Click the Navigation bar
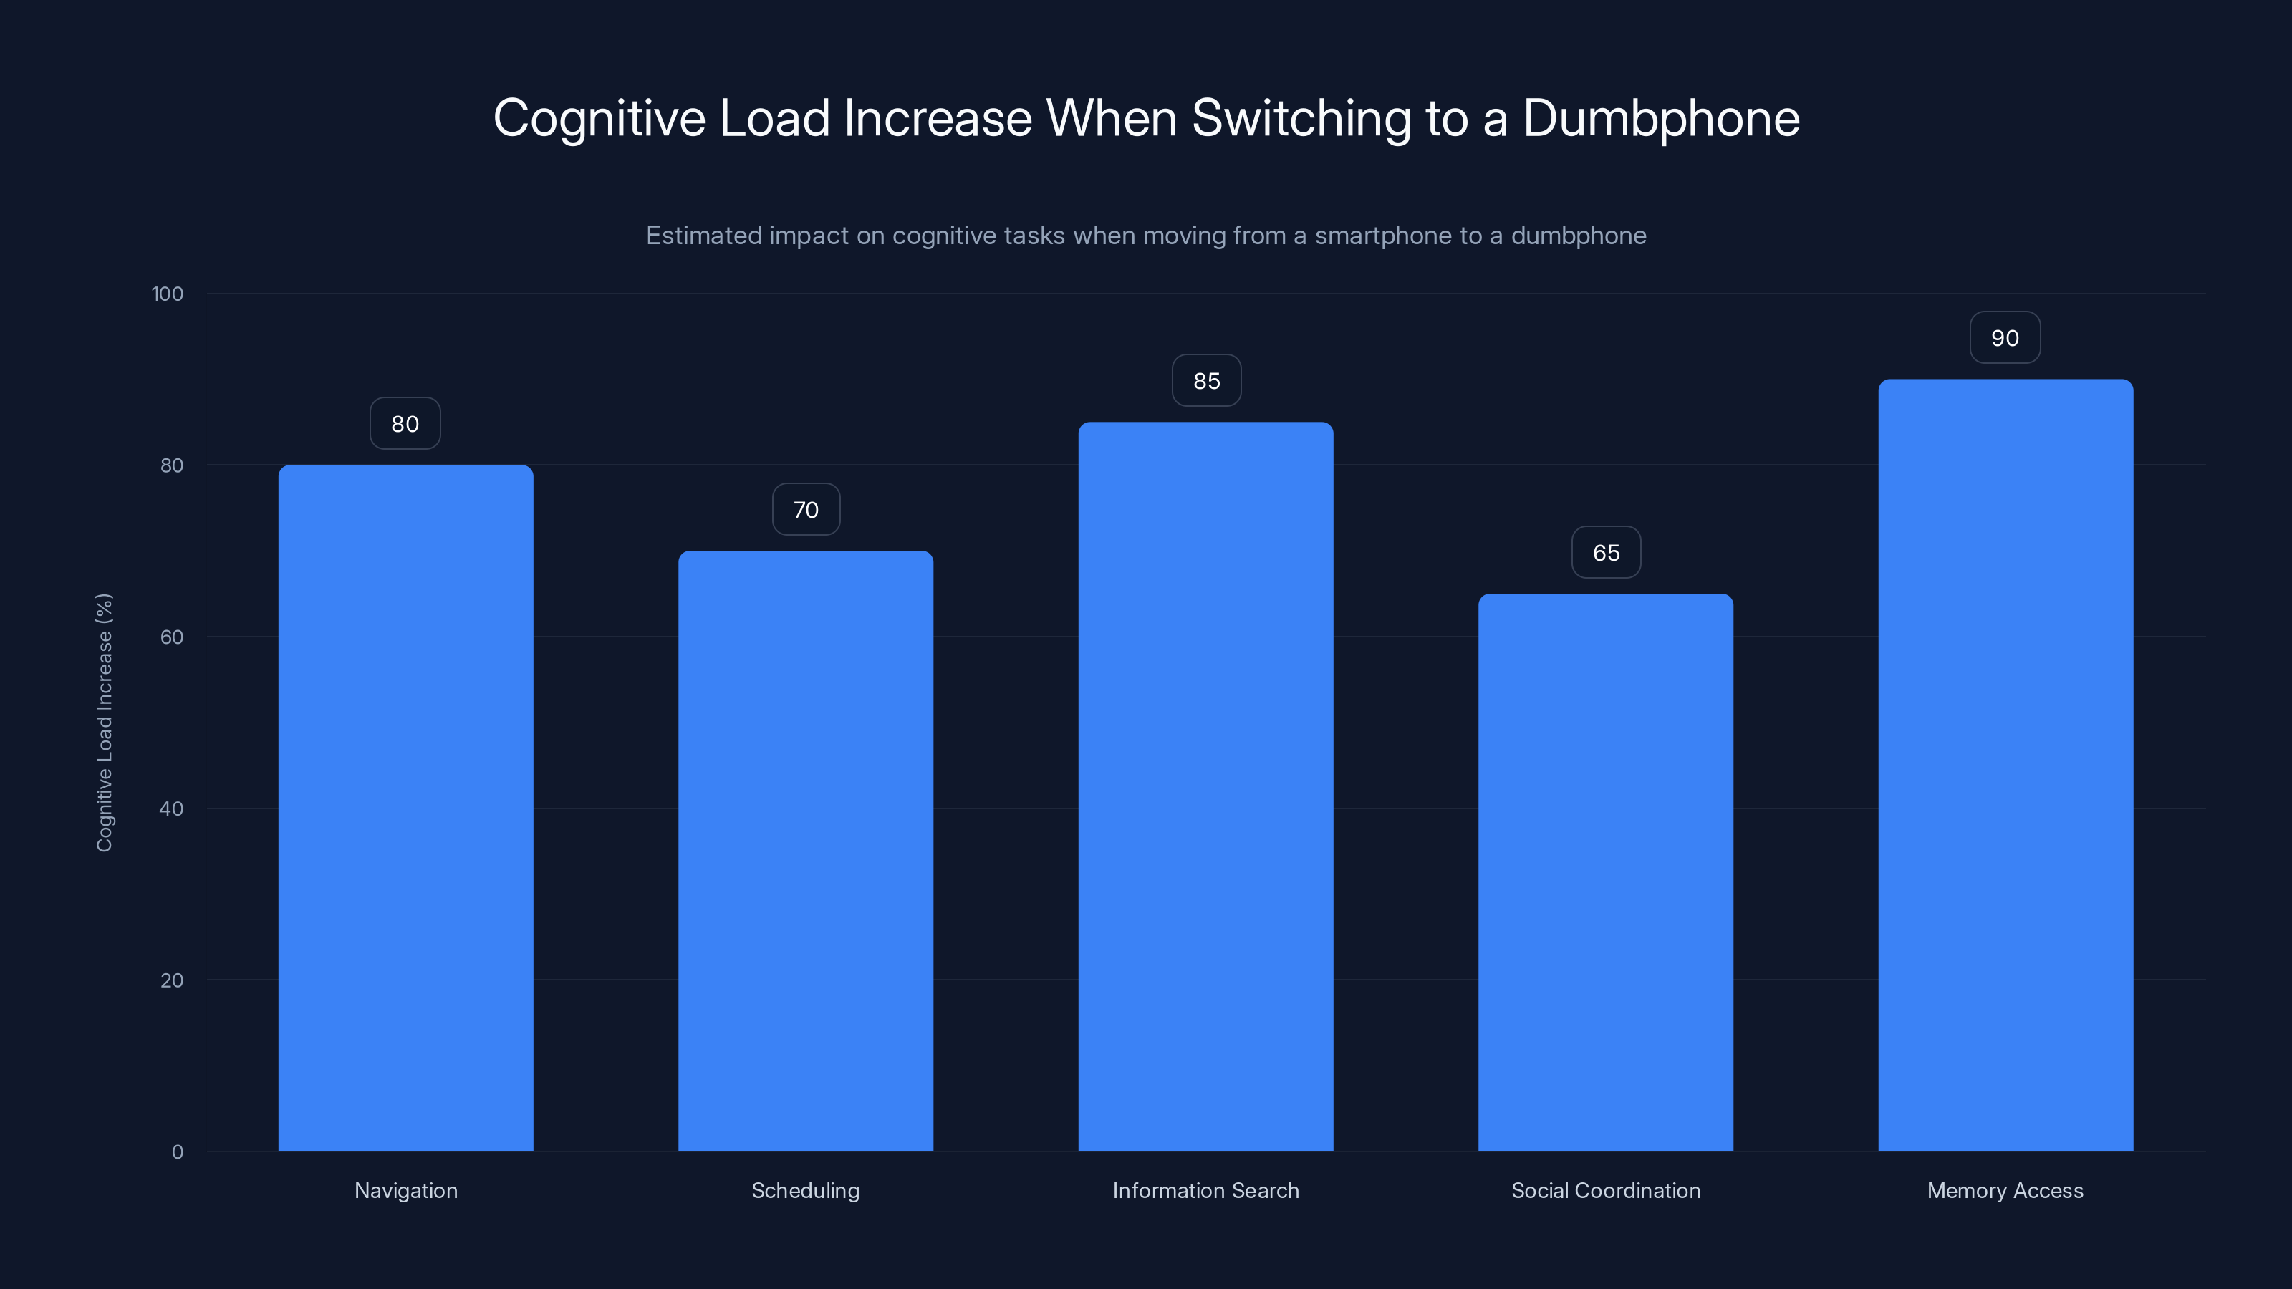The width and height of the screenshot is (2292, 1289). [405, 808]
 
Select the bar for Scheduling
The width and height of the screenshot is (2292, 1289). [805, 851]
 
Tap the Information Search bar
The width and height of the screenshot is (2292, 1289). [1205, 786]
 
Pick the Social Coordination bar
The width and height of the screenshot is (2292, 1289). [1605, 872]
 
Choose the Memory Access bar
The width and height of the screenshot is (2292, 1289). [2005, 765]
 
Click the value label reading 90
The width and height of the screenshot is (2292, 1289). [2005, 338]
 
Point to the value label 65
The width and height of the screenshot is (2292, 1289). [1606, 552]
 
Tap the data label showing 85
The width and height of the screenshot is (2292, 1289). [1206, 381]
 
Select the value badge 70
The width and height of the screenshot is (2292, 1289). [806, 510]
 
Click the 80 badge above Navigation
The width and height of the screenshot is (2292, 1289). [405, 423]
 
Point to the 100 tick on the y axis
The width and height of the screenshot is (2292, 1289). [168, 294]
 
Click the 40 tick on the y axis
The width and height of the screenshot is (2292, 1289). [172, 808]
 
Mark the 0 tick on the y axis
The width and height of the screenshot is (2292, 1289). [177, 1152]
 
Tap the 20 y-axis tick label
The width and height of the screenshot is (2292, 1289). [172, 980]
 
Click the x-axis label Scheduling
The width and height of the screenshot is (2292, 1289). [805, 1190]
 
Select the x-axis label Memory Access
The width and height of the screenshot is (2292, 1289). [2005, 1190]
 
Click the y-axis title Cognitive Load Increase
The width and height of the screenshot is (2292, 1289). [104, 723]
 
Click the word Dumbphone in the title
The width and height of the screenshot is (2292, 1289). [1660, 117]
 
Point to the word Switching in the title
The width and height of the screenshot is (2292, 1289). [1301, 117]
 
